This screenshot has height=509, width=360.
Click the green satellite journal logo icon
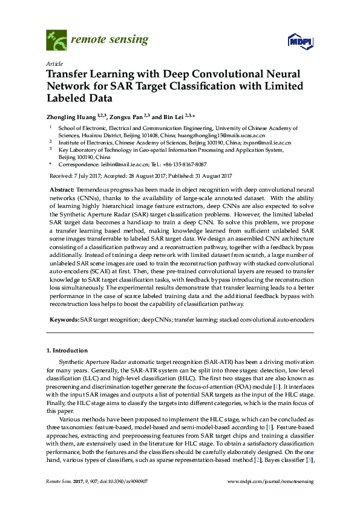pos(57,41)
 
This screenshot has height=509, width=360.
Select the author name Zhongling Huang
pos(71,117)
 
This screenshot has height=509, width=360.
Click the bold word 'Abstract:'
pos(62,190)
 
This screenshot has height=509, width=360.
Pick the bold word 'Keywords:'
pos(64,319)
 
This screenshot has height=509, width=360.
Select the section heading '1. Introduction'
pos(67,351)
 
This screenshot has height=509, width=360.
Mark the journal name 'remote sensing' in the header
pos(110,40)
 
